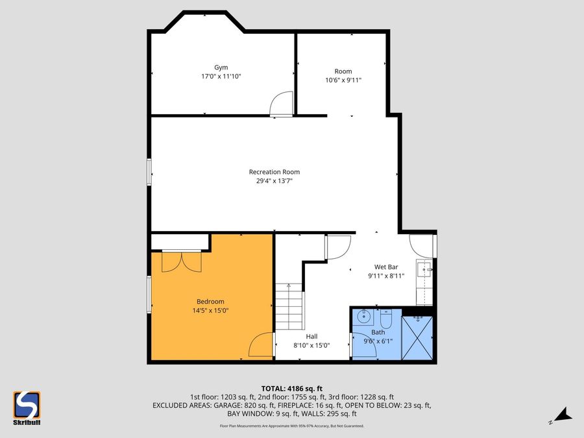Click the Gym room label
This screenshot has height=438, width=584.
coord(221,67)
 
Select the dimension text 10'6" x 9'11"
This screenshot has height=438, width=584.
coord(343,80)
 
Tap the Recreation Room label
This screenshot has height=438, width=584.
coord(274,172)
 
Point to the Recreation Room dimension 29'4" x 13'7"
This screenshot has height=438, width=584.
coord(274,181)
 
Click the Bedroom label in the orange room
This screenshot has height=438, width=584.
coord(210,301)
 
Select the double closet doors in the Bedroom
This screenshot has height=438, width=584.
coord(182,262)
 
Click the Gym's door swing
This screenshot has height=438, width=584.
coord(282,104)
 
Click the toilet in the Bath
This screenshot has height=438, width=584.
coord(387,319)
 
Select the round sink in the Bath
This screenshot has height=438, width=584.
coord(363,318)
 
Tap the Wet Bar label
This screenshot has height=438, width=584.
coord(386,267)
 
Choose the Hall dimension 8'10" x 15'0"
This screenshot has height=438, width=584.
coord(312,346)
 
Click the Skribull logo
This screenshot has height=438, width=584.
coord(27,408)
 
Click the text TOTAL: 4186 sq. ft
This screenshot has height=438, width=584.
coord(291,389)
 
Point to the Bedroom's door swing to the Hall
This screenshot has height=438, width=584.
coord(261,345)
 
